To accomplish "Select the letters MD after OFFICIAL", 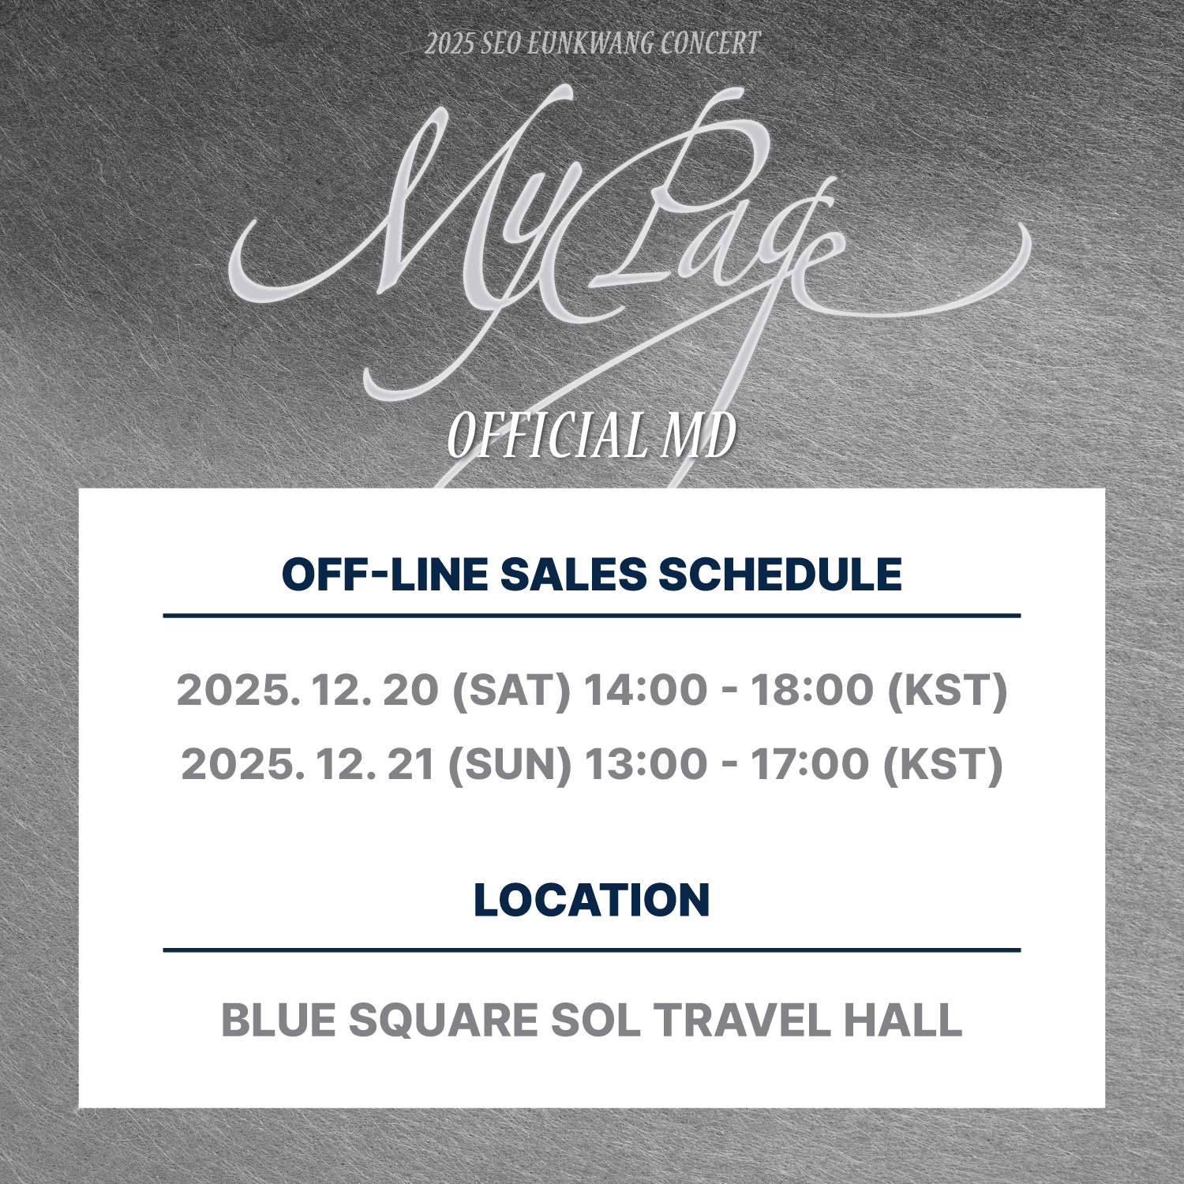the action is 699,435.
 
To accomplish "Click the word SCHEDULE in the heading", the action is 780,574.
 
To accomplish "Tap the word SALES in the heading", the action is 573,574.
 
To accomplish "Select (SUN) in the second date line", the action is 509,764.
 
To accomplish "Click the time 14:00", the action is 646,689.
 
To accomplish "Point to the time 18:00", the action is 812,689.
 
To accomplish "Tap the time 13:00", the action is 646,763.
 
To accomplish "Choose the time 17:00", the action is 809,763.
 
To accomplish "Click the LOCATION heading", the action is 592,900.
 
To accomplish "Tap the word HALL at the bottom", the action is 902,1020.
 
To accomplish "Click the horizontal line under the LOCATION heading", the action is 592,950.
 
